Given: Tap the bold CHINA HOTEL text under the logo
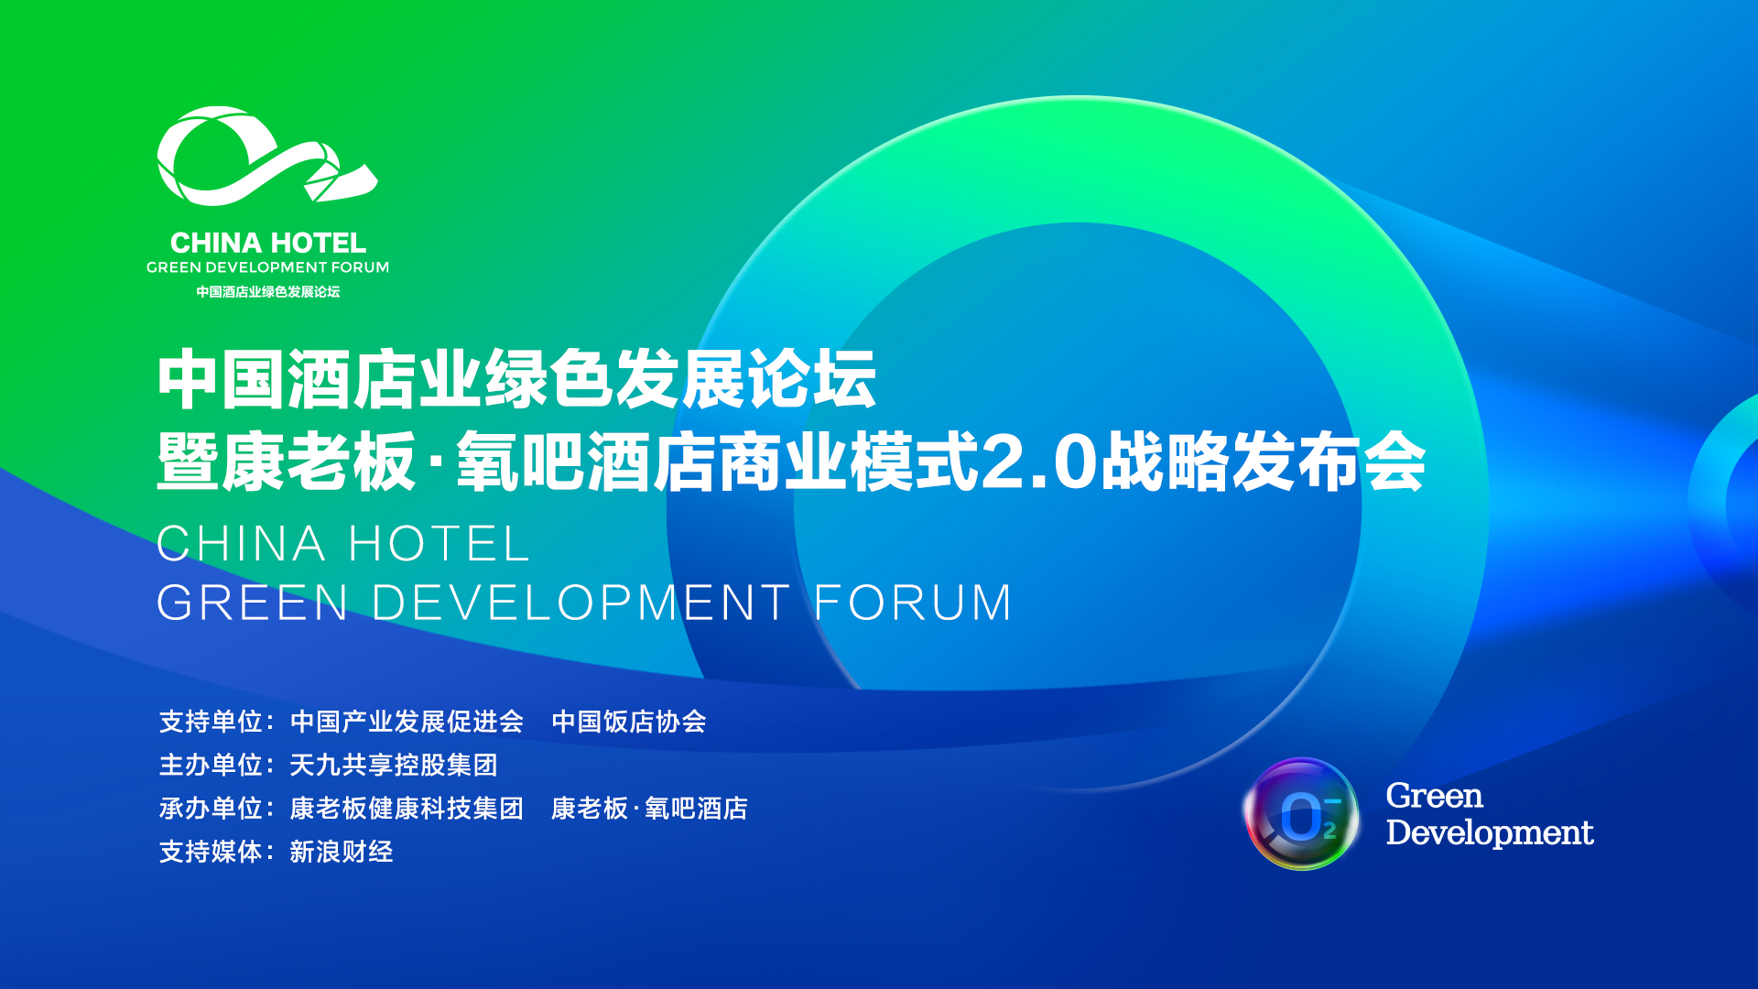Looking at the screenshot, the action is point(268,243).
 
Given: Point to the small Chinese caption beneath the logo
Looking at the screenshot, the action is point(268,292).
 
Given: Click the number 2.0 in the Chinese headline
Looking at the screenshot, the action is point(1039,462).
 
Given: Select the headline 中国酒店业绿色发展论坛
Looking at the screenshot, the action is point(517,378).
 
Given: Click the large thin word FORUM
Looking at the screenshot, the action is point(913,603).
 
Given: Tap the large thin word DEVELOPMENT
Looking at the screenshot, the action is point(581,603).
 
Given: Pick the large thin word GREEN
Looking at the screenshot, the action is point(253,603).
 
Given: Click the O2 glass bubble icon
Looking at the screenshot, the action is point(1301,814).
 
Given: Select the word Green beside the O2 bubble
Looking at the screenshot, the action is point(1434,796).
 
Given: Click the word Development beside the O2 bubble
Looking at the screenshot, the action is point(1490,832).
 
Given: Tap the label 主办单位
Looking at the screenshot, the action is point(212,765).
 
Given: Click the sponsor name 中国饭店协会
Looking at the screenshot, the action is point(629,722).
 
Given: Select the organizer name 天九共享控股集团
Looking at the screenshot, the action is point(394,765).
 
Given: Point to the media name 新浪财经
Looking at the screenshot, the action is point(342,852).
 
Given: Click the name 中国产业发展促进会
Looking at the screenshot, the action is point(407,722).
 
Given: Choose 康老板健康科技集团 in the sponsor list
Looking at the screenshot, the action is point(407,809).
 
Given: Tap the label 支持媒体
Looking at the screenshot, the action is point(212,852).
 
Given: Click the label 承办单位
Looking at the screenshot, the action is point(212,809).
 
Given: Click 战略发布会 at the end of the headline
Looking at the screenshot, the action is point(1264,462).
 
